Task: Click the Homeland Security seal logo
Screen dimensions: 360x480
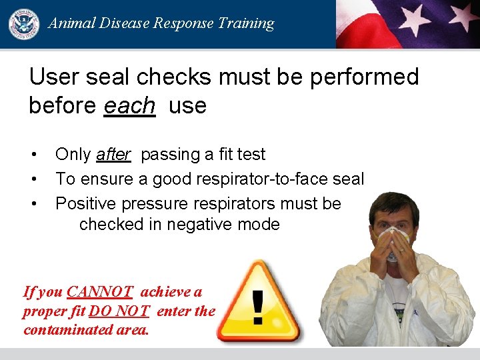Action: (23, 23)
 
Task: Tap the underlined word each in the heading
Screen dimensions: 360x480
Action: (130, 106)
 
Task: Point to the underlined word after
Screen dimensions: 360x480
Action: (113, 155)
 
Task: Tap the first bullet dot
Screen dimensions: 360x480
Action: (33, 155)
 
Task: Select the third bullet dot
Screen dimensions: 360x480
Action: (33, 203)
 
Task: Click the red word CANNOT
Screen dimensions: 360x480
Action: (100, 291)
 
